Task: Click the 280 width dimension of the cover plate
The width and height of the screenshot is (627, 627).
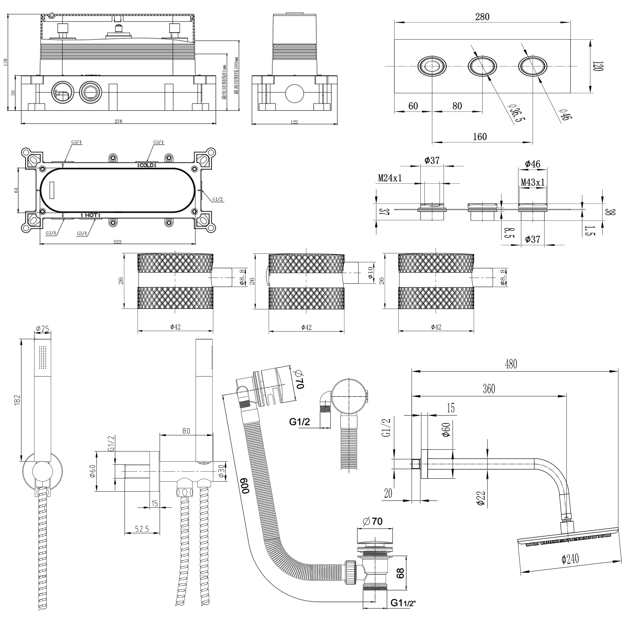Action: click(x=482, y=17)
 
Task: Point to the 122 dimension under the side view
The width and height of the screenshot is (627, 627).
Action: click(x=294, y=122)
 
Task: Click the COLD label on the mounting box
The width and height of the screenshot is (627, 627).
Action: click(x=147, y=165)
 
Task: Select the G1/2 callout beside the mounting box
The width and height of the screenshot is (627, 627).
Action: click(x=217, y=199)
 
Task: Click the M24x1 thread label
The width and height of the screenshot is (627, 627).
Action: click(x=390, y=178)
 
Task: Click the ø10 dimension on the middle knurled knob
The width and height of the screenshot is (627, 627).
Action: click(x=370, y=272)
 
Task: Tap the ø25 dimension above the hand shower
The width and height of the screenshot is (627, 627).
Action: click(x=42, y=329)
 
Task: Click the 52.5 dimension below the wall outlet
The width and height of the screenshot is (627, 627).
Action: click(x=142, y=529)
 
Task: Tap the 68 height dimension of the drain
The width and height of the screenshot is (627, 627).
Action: click(x=400, y=573)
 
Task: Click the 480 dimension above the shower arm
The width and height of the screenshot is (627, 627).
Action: click(x=511, y=364)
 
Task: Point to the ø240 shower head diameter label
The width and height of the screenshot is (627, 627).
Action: click(x=570, y=558)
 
